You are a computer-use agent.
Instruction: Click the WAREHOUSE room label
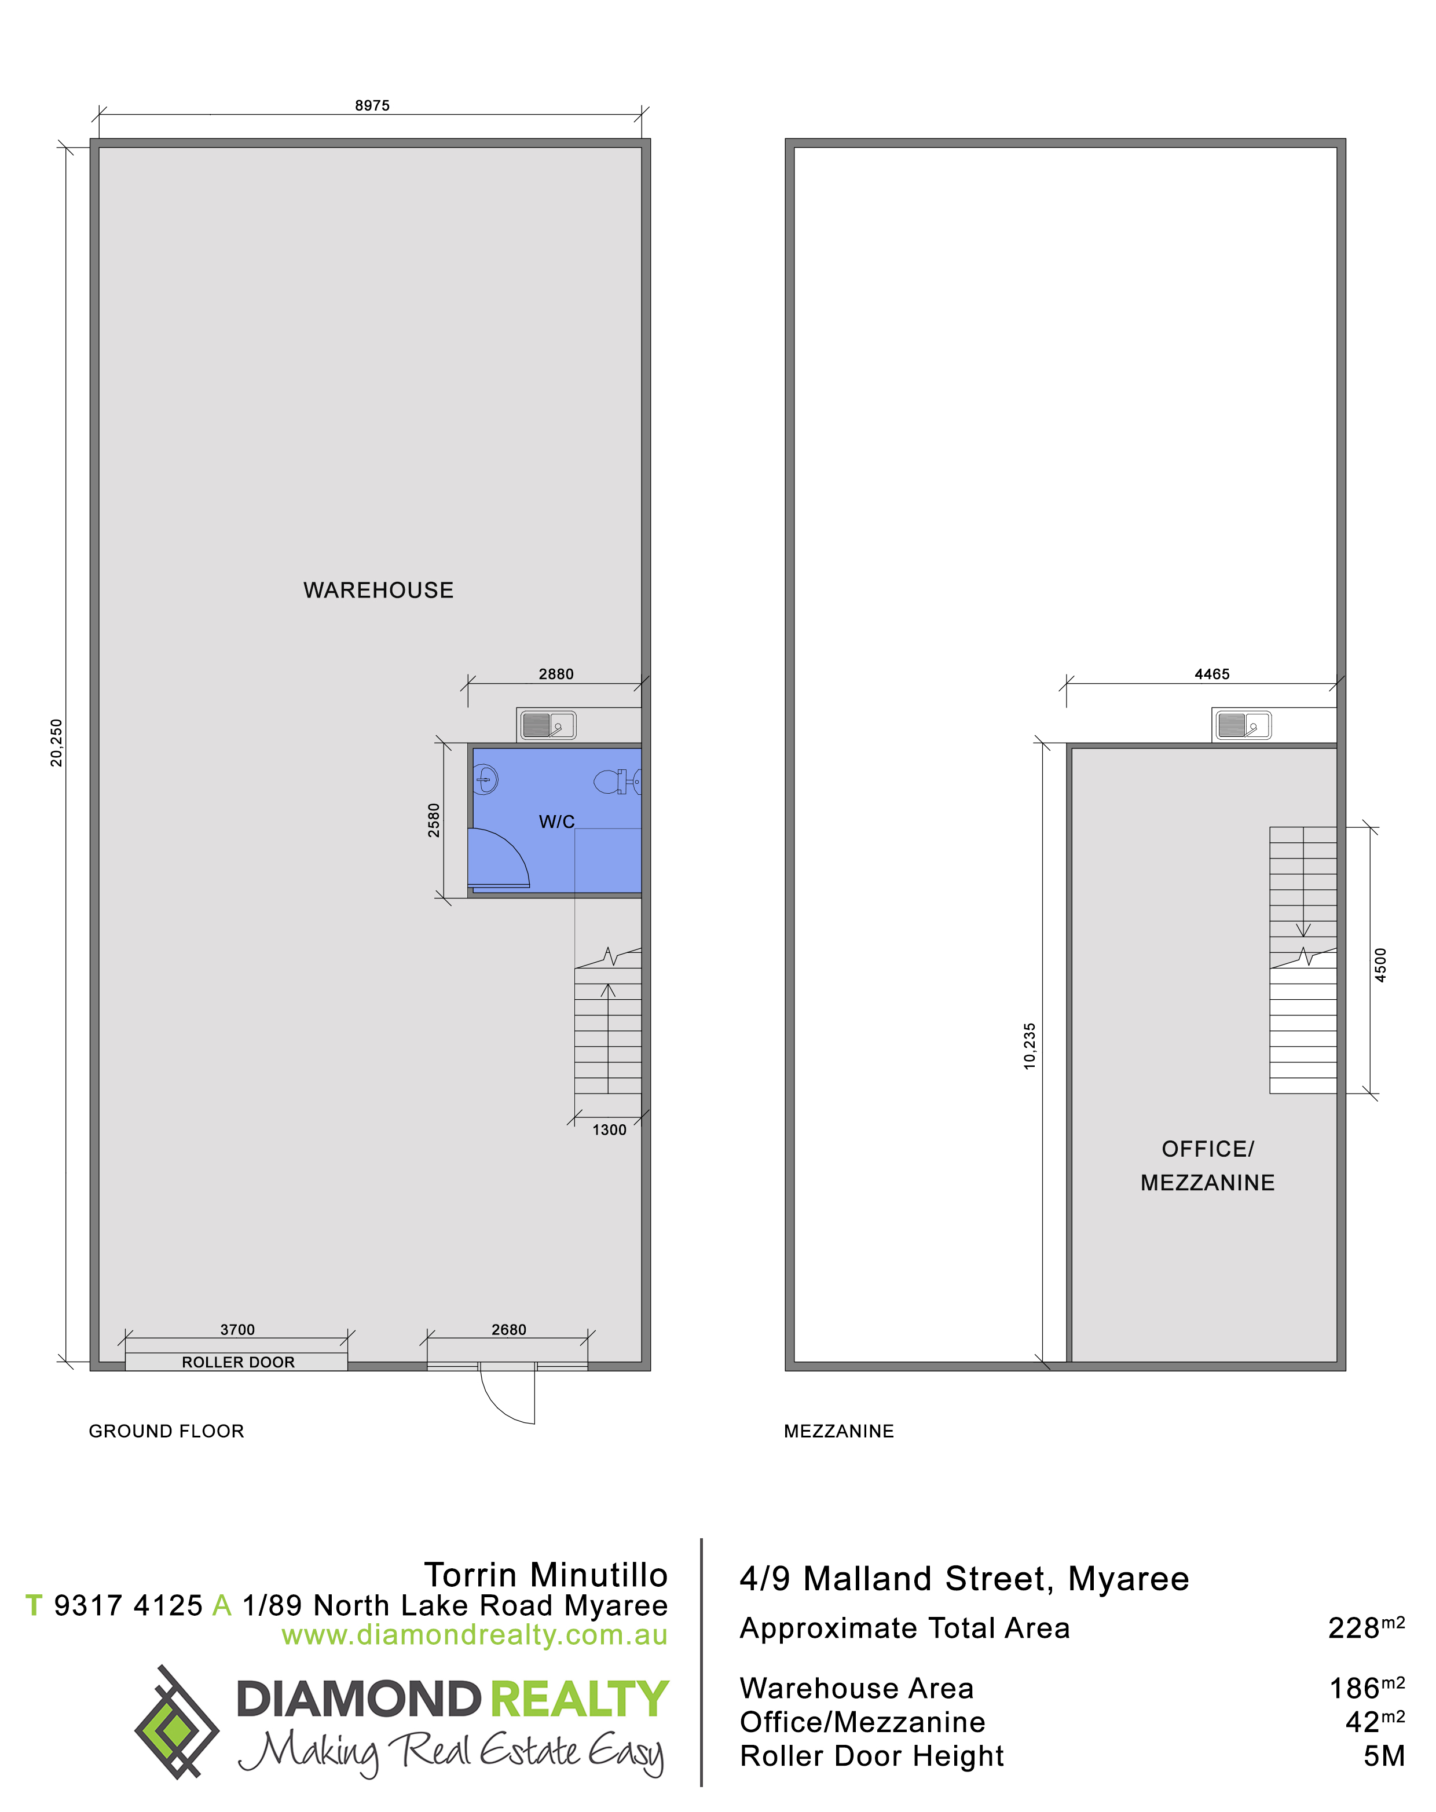pos(378,590)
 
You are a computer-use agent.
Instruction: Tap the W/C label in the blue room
pos(556,821)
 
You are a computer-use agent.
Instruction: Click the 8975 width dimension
pos(372,105)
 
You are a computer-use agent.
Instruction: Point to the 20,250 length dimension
pos(56,742)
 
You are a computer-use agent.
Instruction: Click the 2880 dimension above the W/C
pos(556,673)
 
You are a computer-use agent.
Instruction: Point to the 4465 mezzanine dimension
pos(1211,673)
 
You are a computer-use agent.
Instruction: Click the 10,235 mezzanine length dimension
pos(1030,1046)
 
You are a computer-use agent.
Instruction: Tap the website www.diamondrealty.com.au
pos(474,1635)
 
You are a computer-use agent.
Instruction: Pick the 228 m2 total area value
pos(1366,1628)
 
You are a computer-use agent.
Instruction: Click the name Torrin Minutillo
pos(545,1574)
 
